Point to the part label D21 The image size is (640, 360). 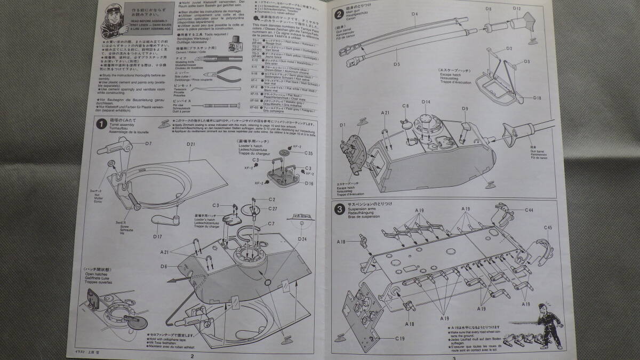[191, 145]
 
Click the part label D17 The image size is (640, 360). [156, 236]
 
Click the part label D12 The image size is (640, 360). [516, 9]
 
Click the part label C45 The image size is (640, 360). [548, 228]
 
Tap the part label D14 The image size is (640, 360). [426, 102]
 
